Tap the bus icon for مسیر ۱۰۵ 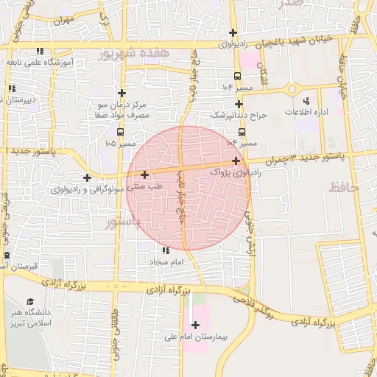pos(119,132)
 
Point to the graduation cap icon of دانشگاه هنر pos(31,301)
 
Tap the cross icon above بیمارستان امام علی pos(195,325)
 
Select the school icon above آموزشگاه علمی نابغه pos(41,51)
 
